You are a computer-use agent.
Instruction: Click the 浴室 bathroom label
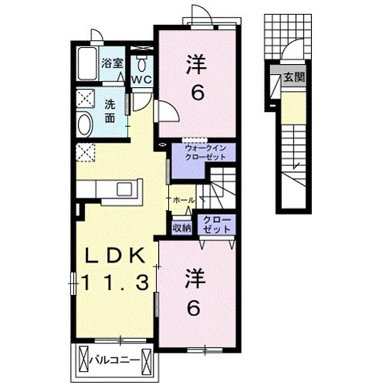pyautogui.click(x=112, y=63)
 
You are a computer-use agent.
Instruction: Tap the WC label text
pyautogui.click(x=141, y=80)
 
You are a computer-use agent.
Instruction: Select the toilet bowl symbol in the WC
pyautogui.click(x=141, y=65)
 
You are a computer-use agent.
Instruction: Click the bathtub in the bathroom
pyautogui.click(x=87, y=63)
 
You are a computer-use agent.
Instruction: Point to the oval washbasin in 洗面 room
pyautogui.click(x=85, y=125)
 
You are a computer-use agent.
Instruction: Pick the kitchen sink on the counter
pyautogui.click(x=124, y=189)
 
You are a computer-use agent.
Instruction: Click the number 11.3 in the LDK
pyautogui.click(x=115, y=283)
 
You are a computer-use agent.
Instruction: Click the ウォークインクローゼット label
pyautogui.click(x=205, y=152)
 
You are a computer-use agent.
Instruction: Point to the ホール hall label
pyautogui.click(x=184, y=200)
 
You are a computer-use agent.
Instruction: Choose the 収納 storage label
pyautogui.click(x=182, y=228)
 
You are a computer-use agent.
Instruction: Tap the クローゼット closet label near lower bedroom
pyautogui.click(x=216, y=225)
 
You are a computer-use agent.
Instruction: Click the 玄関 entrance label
pyautogui.click(x=294, y=76)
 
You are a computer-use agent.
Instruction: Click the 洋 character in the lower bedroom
pyautogui.click(x=195, y=279)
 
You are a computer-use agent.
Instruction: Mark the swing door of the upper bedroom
pyautogui.click(x=168, y=111)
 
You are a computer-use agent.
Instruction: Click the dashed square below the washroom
pyautogui.click(x=86, y=152)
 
